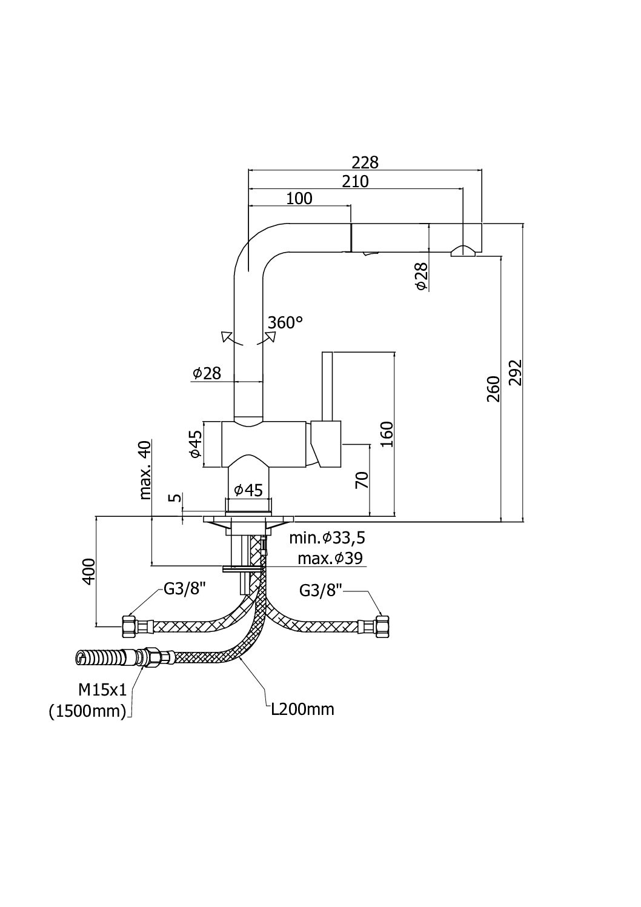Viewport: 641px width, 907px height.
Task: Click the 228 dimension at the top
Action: (365, 162)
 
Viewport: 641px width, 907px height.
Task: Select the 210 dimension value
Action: (355, 181)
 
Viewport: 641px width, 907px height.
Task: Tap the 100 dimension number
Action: (299, 198)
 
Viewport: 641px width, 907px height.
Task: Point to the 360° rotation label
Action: (285, 322)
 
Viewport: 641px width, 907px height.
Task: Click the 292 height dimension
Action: (515, 373)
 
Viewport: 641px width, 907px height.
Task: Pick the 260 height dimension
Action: (493, 389)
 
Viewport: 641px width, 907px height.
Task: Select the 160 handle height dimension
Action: (387, 434)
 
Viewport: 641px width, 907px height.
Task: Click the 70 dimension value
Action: (362, 481)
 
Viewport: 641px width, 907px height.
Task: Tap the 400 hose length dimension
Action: (89, 571)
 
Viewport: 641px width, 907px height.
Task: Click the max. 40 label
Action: (145, 470)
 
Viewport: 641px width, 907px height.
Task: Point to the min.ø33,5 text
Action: (327, 538)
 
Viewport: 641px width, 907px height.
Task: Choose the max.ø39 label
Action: (330, 558)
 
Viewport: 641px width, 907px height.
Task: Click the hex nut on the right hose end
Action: (382, 626)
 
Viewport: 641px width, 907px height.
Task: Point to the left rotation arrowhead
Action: (225, 337)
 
